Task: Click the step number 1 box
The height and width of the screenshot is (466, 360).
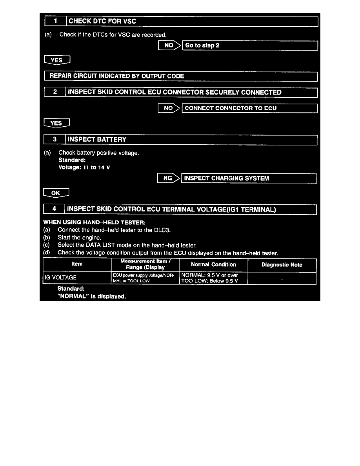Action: click(55, 22)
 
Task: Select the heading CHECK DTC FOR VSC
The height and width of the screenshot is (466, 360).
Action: click(103, 22)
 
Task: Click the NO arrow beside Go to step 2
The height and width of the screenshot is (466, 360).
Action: click(169, 46)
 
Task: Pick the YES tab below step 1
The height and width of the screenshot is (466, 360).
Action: click(57, 60)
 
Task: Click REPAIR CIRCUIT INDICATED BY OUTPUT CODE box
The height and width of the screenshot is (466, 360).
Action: click(180, 76)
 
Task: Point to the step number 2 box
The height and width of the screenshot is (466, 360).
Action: click(55, 93)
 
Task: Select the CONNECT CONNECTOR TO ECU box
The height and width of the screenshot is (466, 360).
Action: click(249, 108)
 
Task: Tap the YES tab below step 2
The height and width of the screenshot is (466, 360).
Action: click(57, 123)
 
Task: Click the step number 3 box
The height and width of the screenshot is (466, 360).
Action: click(55, 139)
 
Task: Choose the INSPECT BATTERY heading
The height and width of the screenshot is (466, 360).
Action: click(97, 139)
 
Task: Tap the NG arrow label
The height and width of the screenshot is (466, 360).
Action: click(169, 178)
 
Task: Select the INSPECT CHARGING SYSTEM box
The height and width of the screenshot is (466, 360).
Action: click(249, 178)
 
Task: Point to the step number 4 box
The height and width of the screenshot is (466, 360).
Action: click(55, 209)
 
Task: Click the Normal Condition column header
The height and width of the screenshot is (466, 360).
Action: click(213, 265)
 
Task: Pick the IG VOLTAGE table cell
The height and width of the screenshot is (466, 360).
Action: click(77, 278)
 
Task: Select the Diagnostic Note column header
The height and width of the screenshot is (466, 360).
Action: click(282, 265)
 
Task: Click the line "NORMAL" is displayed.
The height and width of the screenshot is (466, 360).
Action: click(92, 297)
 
